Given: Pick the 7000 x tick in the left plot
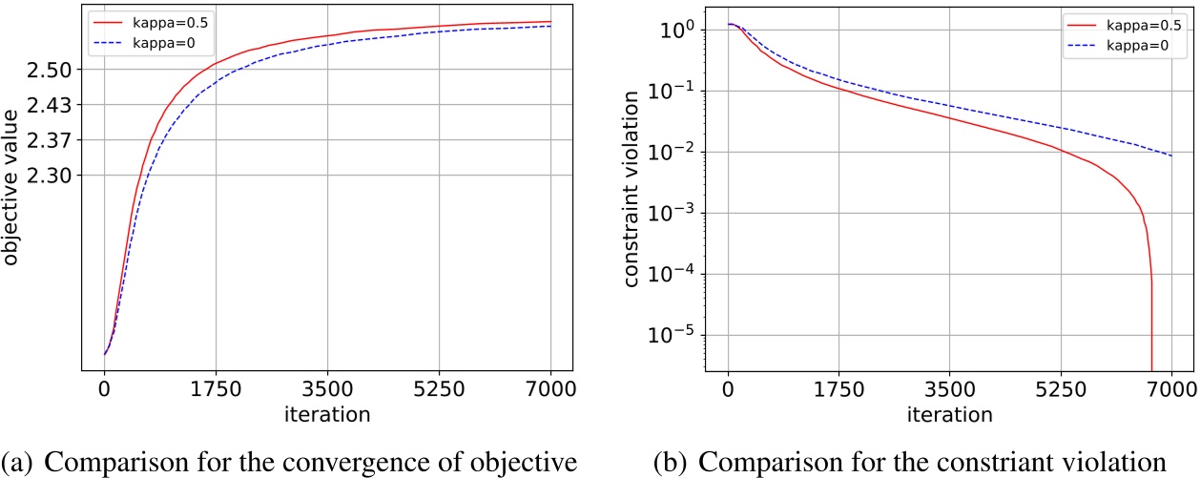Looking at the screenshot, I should (551, 389).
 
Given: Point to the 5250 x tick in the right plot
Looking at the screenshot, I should (1061, 389).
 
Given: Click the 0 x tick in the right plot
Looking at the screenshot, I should (728, 389).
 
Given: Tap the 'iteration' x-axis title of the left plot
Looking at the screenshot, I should (327, 415).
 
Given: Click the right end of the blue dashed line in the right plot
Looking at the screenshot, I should (1171, 156).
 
